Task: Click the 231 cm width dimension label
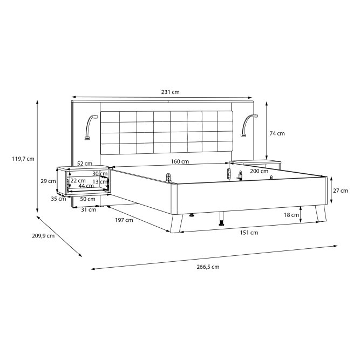(170, 92)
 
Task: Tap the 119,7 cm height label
(23, 159)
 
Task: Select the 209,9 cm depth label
(43, 235)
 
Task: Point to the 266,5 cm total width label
(208, 267)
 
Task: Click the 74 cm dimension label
(277, 133)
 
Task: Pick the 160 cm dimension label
(180, 161)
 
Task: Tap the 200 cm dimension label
(259, 171)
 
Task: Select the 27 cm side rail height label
(341, 191)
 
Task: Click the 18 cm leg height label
(291, 215)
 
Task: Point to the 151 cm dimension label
(249, 233)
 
